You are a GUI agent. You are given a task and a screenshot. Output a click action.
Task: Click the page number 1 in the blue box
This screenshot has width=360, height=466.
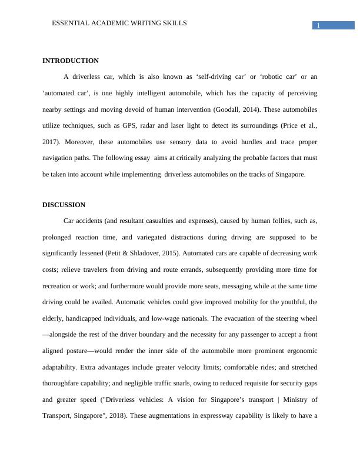(318, 25)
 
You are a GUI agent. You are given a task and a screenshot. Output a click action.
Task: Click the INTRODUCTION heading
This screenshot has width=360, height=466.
(71, 61)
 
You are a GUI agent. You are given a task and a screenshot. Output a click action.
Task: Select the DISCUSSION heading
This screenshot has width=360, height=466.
(64, 205)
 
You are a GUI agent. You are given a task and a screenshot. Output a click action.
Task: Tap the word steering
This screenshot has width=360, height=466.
(286, 318)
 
